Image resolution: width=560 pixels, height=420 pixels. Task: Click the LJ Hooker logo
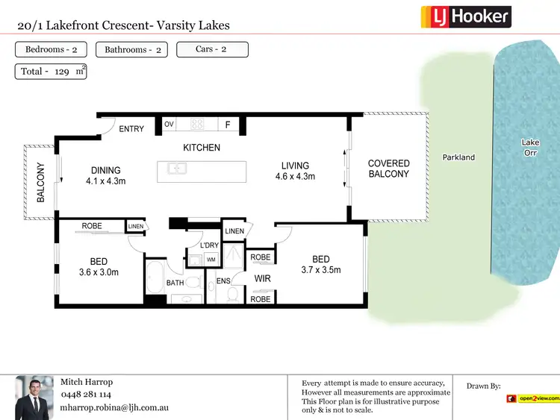[466, 16]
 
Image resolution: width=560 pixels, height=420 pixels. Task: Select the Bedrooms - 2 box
[51, 50]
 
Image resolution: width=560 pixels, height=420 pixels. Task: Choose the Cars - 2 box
[212, 50]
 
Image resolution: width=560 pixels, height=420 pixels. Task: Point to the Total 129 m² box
[51, 72]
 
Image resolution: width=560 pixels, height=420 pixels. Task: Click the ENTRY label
[131, 129]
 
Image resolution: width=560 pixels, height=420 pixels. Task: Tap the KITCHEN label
[202, 148]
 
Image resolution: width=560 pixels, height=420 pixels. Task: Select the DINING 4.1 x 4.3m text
[105, 175]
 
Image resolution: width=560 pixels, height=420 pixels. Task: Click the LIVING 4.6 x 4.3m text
[295, 172]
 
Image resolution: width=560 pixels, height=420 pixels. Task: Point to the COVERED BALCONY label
[389, 169]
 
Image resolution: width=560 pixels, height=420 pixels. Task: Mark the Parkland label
[458, 157]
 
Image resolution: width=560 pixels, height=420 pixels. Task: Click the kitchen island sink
[177, 169]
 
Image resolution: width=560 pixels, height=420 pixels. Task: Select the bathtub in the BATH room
[156, 277]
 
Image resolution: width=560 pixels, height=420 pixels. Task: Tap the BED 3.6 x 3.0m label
[99, 267]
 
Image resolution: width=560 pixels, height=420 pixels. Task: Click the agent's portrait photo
[34, 396]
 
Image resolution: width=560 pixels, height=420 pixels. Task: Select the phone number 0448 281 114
[85, 395]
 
